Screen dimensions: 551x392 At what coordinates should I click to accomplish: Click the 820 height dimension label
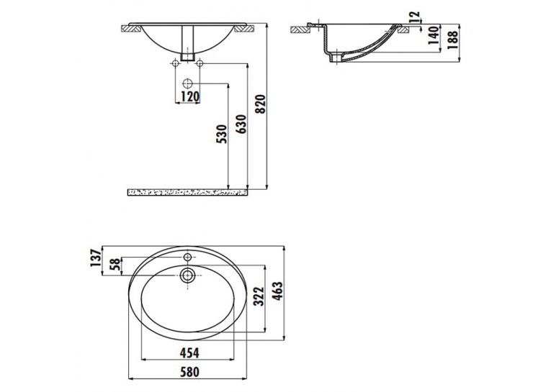[261, 104]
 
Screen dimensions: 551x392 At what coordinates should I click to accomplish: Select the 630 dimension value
[241, 124]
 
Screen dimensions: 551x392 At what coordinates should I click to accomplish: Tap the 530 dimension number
[222, 134]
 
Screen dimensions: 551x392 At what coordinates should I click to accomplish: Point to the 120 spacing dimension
[190, 96]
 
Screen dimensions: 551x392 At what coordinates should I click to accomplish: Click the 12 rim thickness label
[415, 16]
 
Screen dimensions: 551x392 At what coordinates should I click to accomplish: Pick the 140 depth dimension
[434, 35]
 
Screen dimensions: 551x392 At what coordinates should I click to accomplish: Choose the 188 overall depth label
[453, 40]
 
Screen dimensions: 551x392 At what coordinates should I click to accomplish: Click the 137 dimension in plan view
[95, 257]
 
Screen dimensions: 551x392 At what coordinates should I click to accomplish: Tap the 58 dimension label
[115, 264]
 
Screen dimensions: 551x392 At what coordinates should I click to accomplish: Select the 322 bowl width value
[259, 296]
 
